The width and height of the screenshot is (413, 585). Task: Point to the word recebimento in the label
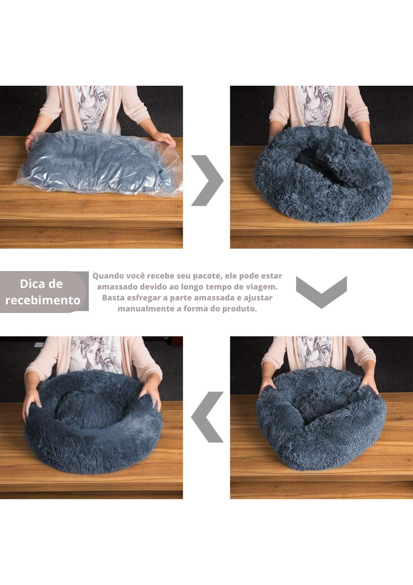pos(43,300)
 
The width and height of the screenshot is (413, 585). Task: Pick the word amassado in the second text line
pos(117,287)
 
